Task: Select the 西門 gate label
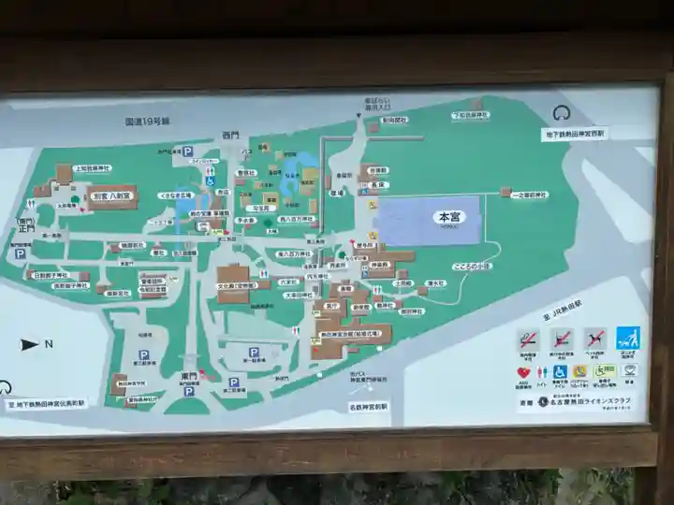pos(230,136)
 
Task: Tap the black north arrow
pos(29,344)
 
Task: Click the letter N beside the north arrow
pos(49,344)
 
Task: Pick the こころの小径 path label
pos(471,266)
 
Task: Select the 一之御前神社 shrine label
pos(530,195)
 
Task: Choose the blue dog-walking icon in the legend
pos(628,338)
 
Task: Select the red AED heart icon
pos(523,372)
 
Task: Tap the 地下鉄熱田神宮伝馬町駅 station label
pos(47,403)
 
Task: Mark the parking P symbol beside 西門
pos(187,151)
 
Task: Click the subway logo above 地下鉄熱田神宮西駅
pos(563,113)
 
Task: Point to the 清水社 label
pos(433,282)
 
